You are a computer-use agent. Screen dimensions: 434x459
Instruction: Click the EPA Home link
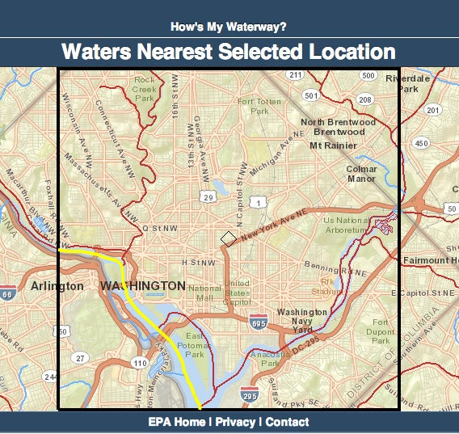[176, 422]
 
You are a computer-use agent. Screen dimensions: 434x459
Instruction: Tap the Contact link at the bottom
[287, 422]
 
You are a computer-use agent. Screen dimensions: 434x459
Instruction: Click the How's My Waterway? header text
[229, 27]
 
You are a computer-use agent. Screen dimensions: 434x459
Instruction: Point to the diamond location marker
[229, 238]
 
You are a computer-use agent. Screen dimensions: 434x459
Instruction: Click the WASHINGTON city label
[142, 286]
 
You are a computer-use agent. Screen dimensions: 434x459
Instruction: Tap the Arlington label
[57, 286]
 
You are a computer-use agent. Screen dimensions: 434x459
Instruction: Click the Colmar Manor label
[361, 174]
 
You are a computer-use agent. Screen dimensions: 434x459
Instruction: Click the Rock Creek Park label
[145, 89]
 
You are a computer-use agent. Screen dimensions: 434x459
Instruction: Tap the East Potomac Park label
[197, 344]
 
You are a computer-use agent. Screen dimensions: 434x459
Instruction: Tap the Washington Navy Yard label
[301, 321]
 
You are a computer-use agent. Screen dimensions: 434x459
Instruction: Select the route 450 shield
[421, 143]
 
